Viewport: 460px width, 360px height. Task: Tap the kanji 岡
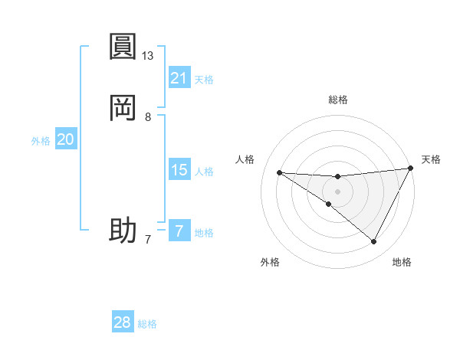click(x=123, y=109)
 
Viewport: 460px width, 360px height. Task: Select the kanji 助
click(x=123, y=230)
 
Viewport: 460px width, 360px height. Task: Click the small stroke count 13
click(x=148, y=56)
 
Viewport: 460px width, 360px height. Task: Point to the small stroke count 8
click(x=148, y=117)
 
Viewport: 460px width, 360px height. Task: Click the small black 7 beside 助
click(x=148, y=240)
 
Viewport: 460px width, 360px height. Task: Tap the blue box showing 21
click(x=179, y=77)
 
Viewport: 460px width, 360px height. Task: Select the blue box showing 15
click(x=179, y=170)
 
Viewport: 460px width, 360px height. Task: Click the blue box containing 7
click(x=179, y=231)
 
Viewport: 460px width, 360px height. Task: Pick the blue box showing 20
click(x=66, y=139)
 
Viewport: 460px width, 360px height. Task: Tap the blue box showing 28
click(x=123, y=322)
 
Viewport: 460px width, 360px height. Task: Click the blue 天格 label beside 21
click(x=204, y=79)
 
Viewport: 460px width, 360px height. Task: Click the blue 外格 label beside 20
click(x=41, y=141)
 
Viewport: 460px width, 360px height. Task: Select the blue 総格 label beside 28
click(x=147, y=324)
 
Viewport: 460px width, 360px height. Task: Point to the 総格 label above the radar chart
click(x=338, y=100)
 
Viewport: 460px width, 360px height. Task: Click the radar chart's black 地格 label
click(x=402, y=262)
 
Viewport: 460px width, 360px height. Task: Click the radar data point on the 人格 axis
click(x=280, y=172)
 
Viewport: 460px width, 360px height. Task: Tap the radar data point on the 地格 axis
click(x=374, y=242)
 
